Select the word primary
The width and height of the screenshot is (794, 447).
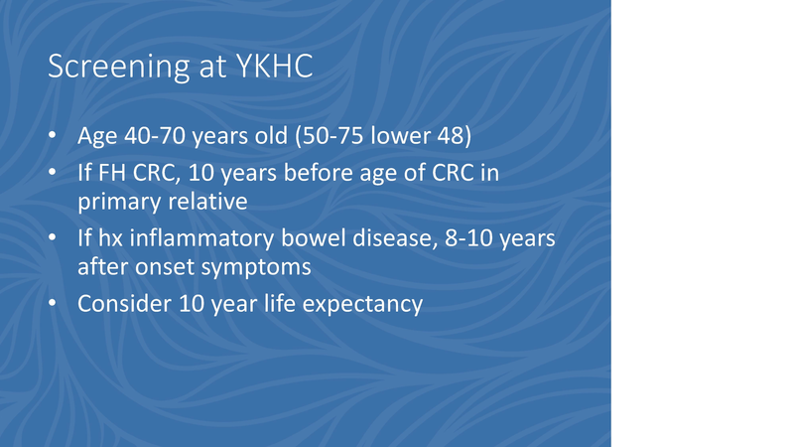(x=116, y=202)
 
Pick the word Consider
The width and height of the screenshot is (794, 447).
(x=120, y=304)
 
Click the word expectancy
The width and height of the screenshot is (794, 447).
(x=366, y=304)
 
